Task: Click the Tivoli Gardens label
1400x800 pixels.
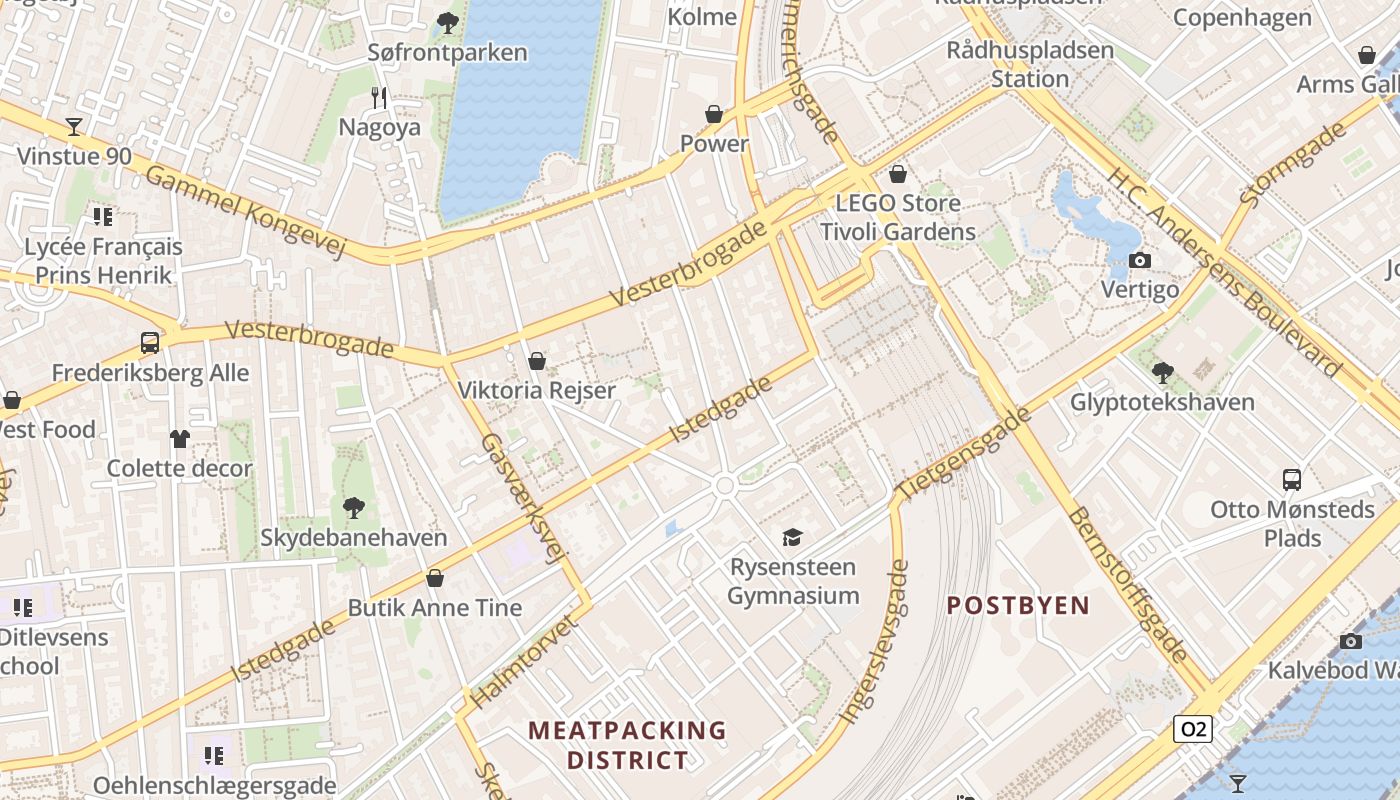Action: click(897, 232)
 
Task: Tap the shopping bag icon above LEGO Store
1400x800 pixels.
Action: click(898, 174)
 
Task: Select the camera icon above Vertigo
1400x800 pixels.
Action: click(1139, 261)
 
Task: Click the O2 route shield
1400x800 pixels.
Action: click(1193, 729)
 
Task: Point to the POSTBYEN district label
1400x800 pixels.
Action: click(1017, 605)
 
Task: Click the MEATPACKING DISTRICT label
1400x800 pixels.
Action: click(628, 745)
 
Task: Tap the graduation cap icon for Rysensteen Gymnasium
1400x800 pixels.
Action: click(792, 538)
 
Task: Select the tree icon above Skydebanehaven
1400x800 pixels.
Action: click(353, 508)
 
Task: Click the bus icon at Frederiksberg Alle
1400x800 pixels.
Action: click(150, 343)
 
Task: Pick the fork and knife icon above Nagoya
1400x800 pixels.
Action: click(379, 98)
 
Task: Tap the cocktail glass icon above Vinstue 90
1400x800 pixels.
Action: click(74, 127)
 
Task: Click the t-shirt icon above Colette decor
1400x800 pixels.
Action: click(180, 438)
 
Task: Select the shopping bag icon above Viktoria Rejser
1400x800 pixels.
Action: click(537, 361)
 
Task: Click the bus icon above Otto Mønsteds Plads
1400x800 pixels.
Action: click(1292, 479)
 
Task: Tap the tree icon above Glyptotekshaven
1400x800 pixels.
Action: click(1162, 373)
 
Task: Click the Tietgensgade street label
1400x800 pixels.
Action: click(963, 454)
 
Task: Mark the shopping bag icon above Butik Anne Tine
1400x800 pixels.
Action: click(435, 578)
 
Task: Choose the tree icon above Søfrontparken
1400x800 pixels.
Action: click(447, 22)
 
